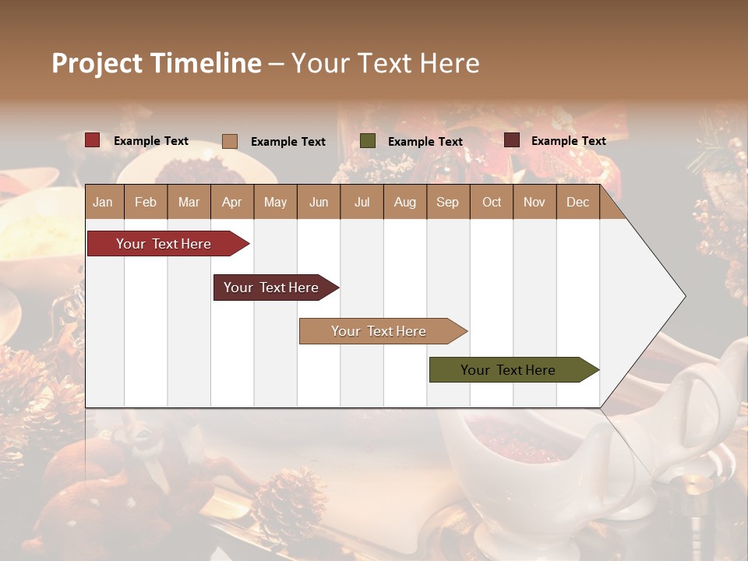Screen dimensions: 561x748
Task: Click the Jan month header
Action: coord(104,202)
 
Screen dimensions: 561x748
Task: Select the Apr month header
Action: coord(232,202)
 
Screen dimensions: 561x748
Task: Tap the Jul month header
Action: coord(362,202)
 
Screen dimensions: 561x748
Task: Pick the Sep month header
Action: coord(447,202)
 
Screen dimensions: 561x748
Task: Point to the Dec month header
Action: coord(577,202)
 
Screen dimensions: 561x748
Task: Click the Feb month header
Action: coord(146,202)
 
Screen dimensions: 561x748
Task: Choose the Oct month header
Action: coord(492,202)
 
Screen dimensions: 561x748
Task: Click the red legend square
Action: coord(93,140)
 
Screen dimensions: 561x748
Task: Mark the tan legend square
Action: coord(230,141)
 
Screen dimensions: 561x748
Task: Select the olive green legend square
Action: coord(368,141)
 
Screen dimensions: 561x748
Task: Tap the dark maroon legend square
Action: coord(512,140)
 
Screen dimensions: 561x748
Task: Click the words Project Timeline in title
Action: coord(157,63)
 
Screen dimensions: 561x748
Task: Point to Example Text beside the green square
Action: coord(425,142)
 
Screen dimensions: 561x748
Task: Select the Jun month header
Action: coord(319,202)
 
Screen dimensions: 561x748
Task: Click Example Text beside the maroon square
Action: coord(569,141)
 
